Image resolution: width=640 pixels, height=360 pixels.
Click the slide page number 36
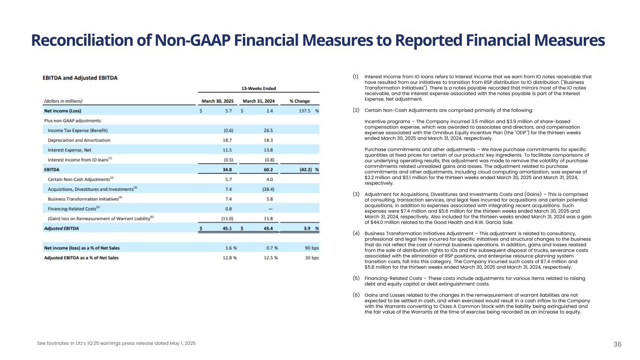point(617,344)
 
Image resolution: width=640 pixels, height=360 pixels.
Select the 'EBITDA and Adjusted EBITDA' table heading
point(80,77)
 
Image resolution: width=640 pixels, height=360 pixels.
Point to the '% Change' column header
point(300,101)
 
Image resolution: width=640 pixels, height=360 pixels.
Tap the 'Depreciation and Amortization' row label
point(79,140)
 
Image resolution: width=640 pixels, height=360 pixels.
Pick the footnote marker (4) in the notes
point(356,233)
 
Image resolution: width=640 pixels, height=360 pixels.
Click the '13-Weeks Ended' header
point(259,88)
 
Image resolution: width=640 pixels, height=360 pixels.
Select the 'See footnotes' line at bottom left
point(116,344)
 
